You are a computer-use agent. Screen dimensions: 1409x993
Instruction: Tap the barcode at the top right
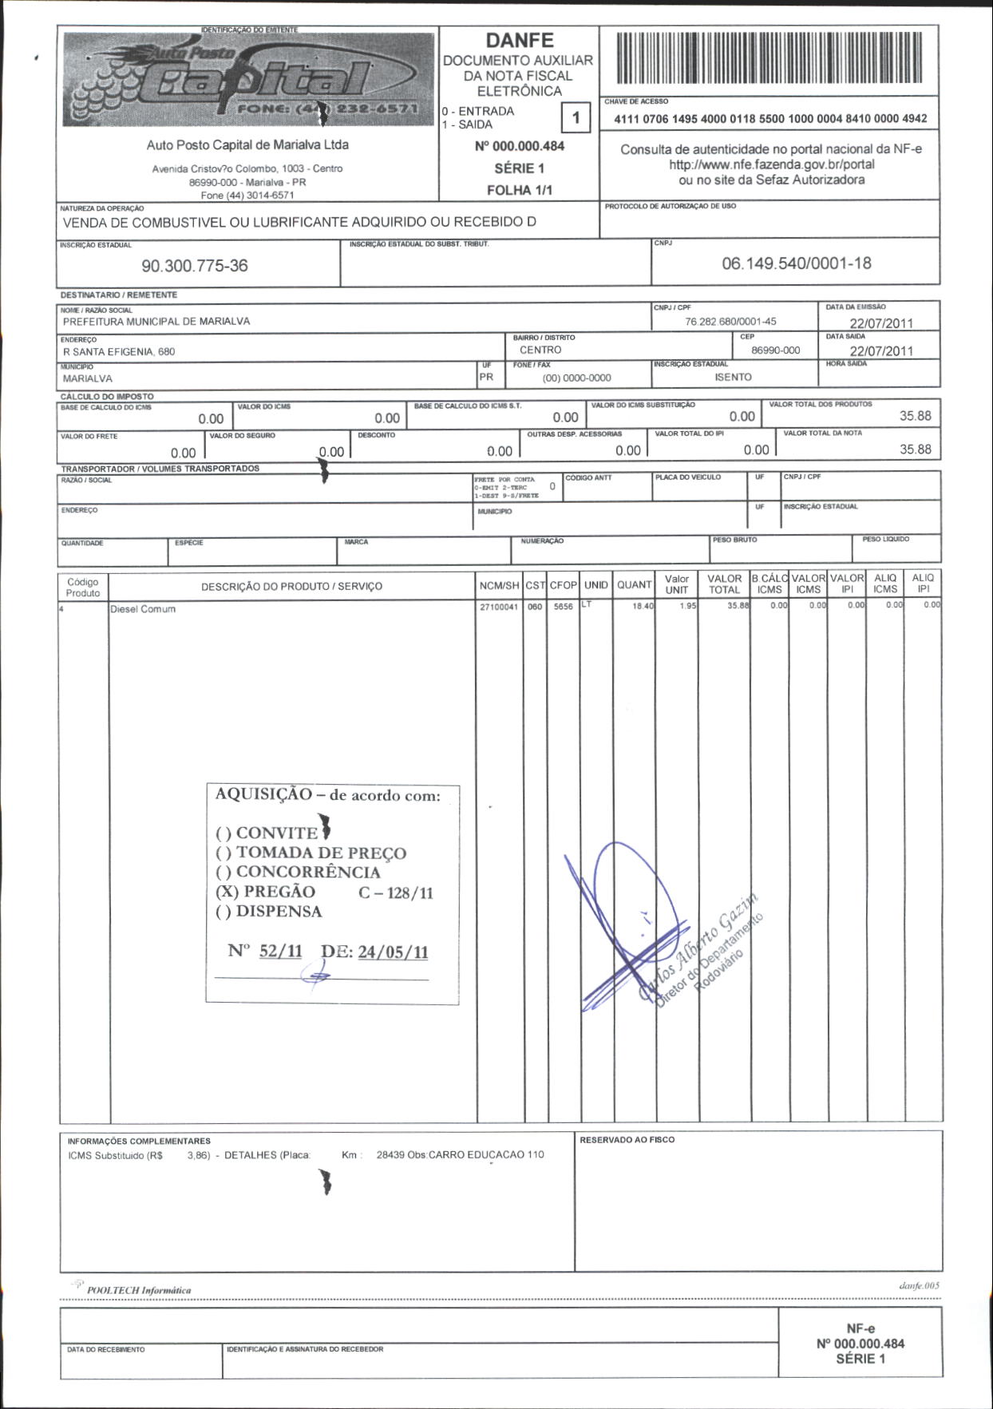769,58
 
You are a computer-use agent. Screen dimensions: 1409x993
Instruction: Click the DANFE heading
520,41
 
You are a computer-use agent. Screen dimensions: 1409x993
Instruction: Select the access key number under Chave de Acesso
770,119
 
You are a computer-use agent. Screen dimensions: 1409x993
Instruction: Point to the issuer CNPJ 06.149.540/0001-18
796,263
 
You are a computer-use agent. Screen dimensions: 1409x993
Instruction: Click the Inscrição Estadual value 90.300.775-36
195,266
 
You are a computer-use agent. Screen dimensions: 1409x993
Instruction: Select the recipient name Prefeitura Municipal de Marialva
156,322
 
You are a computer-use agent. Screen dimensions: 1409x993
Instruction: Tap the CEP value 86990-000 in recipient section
775,350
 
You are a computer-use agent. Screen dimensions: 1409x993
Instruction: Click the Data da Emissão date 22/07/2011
881,323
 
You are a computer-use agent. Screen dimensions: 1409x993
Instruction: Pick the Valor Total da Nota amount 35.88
915,449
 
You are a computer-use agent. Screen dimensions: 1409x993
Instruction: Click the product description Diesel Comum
143,609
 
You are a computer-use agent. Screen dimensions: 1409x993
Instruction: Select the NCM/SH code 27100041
499,607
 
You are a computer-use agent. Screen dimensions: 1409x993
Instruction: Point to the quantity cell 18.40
643,606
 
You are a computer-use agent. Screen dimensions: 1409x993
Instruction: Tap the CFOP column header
563,585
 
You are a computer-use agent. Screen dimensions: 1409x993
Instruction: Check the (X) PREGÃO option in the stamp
266,892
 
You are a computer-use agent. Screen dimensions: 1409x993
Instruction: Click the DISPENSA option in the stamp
269,912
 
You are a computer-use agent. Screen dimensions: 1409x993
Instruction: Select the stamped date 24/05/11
393,952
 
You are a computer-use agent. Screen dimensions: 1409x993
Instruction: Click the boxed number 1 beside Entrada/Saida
576,119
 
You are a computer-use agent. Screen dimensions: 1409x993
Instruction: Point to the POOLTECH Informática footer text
139,1290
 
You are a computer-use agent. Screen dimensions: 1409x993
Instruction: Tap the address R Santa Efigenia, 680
119,352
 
